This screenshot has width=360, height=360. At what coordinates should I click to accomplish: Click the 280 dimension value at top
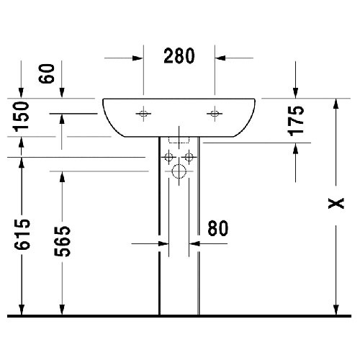click(179, 55)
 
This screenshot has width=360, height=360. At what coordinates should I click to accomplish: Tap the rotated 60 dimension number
click(46, 73)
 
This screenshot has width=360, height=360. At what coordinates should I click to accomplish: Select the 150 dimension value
click(22, 117)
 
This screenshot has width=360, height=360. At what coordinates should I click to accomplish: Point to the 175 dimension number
click(296, 121)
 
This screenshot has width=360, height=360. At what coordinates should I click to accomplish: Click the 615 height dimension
click(22, 234)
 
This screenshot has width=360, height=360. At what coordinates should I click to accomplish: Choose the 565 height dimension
click(63, 241)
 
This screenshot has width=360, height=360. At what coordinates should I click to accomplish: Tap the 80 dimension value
click(218, 228)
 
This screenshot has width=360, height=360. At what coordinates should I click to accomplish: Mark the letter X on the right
click(336, 203)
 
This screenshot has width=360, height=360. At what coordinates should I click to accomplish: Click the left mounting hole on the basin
click(143, 114)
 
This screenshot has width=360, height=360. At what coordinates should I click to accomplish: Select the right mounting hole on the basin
click(215, 114)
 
